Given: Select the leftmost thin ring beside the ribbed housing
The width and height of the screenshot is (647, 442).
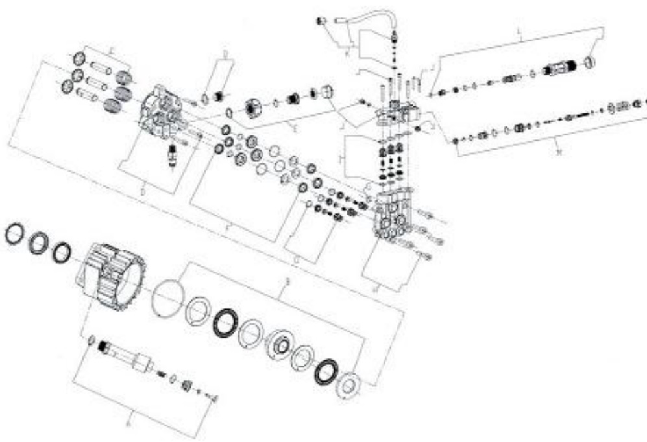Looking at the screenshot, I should click(14, 234).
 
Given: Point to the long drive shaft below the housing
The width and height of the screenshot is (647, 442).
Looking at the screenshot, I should click(127, 354).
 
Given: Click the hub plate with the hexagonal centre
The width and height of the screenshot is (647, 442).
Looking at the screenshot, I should click(281, 343).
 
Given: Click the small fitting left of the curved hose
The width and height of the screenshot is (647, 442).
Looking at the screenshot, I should click(319, 21).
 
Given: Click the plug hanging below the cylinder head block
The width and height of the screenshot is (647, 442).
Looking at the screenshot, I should click(172, 156).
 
